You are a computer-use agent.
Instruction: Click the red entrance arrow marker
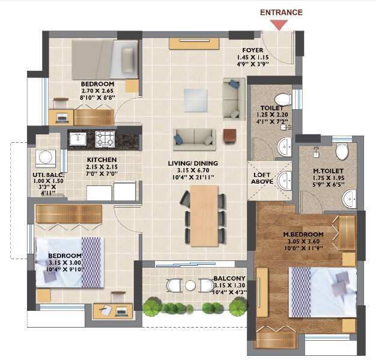coord(279,25)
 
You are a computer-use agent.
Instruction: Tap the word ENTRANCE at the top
coord(281,13)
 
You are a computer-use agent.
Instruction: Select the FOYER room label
coord(253,50)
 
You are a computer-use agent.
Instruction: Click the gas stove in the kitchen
coord(105,139)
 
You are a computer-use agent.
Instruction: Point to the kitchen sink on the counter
coord(78,139)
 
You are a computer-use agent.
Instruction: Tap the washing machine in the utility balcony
coord(46,158)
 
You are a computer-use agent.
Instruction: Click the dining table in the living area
coord(204,215)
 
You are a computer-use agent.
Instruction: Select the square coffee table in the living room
coord(195,101)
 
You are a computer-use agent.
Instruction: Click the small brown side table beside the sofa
coord(229,136)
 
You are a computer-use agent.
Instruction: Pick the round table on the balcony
coord(190,286)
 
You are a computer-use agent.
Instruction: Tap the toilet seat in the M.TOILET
coord(342,151)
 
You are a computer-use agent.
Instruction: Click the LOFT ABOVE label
coord(262,178)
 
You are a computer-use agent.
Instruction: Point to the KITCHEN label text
coord(102,160)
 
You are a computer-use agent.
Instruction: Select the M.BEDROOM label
coord(303,234)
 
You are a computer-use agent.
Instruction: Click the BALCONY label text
coord(229,278)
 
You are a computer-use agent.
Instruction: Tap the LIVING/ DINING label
coord(193,163)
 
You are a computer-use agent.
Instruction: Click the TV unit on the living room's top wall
coord(194,44)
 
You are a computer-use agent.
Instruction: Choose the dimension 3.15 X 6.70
coord(193,170)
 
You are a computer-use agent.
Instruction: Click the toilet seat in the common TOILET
coord(283,99)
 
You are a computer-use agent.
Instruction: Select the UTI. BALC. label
coord(49,175)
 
